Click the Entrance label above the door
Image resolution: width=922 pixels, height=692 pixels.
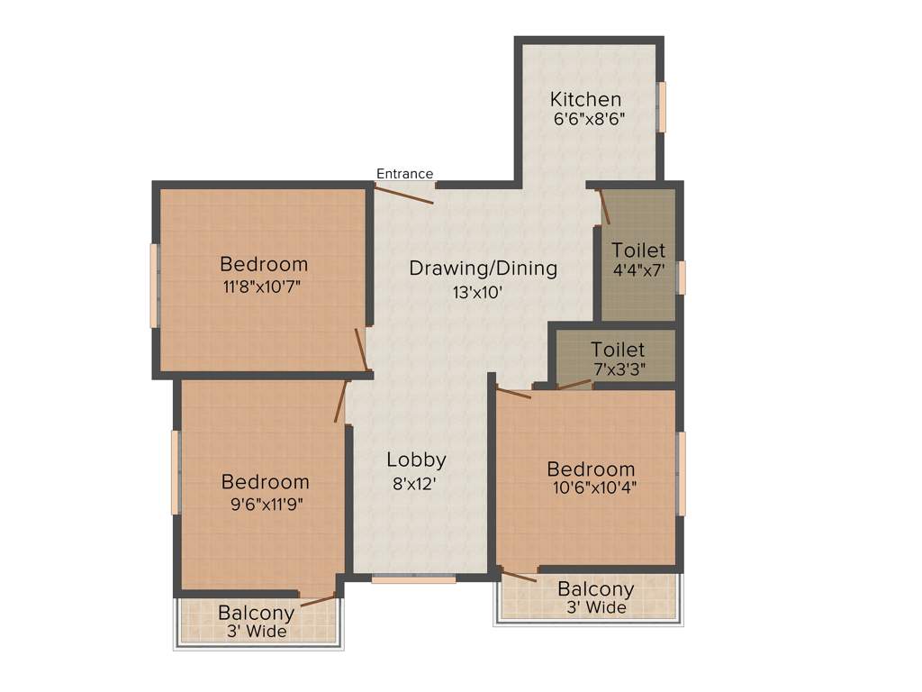point(404,174)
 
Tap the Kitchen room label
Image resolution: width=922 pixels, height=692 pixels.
point(586,99)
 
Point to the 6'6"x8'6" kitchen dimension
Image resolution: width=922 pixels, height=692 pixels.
point(589,119)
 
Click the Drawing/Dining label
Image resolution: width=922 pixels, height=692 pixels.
point(483,268)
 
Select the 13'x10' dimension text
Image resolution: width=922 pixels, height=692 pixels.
point(477,291)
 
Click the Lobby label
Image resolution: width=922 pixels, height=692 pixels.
point(416,460)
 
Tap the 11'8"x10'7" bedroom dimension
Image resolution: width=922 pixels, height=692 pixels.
point(264,287)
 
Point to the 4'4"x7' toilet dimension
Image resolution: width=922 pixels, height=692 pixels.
point(638,269)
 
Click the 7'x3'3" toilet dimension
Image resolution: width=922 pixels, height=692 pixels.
point(619,368)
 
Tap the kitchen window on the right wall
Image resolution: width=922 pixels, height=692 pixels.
point(662,106)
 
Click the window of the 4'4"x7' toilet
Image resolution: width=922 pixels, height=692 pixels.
point(682,278)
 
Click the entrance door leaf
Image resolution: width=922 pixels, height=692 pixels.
point(404,195)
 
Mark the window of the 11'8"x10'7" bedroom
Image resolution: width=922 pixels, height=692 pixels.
point(155,286)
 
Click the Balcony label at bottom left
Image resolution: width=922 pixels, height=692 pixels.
point(257,613)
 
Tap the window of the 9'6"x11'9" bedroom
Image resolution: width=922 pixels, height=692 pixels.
point(176,473)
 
